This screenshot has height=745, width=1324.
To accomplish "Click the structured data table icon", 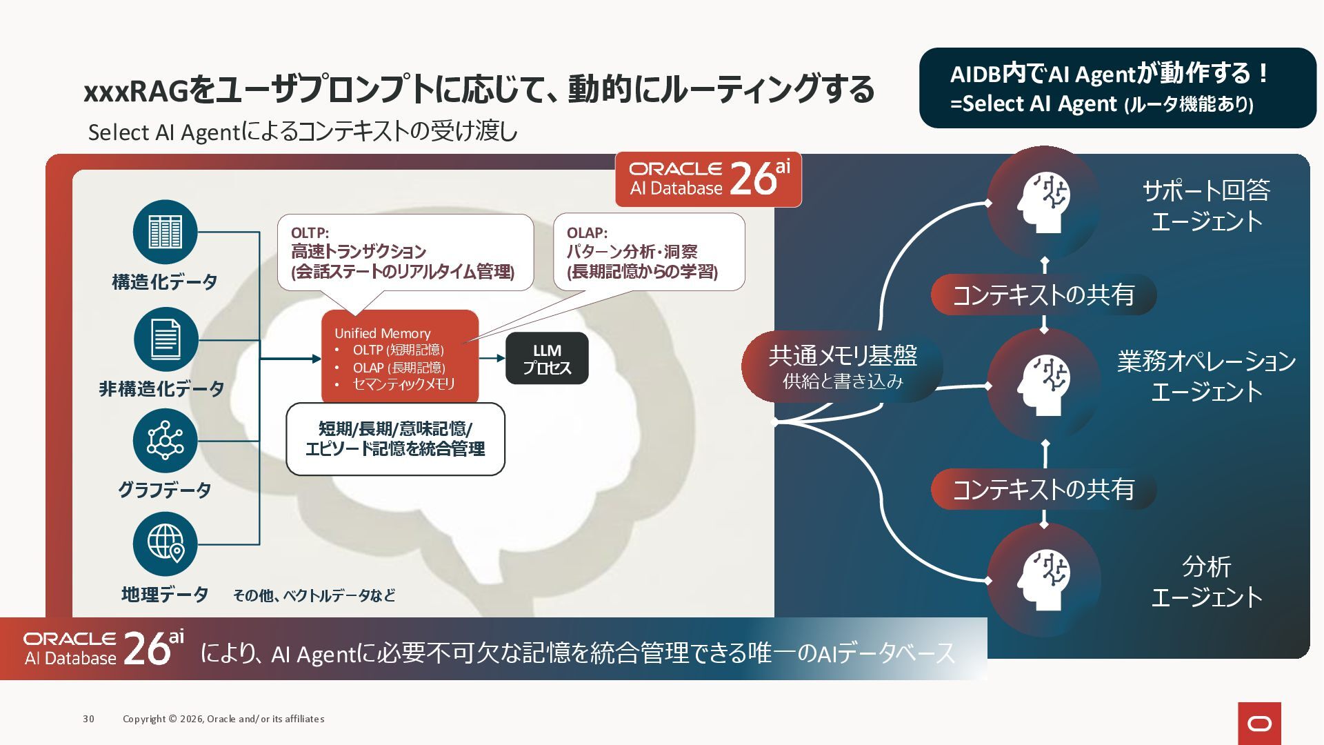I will pyautogui.click(x=165, y=232).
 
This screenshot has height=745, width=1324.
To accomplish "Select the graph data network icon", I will pyautogui.click(x=165, y=441).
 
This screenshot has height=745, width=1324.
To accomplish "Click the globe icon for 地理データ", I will pyautogui.click(x=165, y=544).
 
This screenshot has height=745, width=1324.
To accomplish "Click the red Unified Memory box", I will pyautogui.click(x=399, y=357).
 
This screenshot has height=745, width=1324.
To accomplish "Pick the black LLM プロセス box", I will pyautogui.click(x=547, y=359).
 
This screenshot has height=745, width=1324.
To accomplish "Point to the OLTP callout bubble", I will pyautogui.click(x=405, y=252).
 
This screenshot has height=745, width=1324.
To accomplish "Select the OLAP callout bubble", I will pyautogui.click(x=648, y=252).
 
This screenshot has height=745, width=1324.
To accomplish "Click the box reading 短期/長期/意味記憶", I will pyautogui.click(x=395, y=439).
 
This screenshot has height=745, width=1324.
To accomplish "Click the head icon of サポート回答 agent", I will pyautogui.click(x=1043, y=202).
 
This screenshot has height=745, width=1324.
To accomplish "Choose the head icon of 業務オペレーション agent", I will pyautogui.click(x=1043, y=384).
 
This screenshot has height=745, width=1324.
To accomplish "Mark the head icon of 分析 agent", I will pyautogui.click(x=1043, y=579).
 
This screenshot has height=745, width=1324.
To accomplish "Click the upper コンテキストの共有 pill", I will pyautogui.click(x=1043, y=295).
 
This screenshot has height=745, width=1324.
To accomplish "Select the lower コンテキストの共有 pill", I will pyautogui.click(x=1043, y=490).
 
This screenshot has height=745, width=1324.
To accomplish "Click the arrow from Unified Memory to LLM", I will pyautogui.click(x=492, y=358).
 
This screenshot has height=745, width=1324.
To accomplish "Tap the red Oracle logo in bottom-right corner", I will pyautogui.click(x=1259, y=723).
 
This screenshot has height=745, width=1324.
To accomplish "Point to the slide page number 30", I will pyautogui.click(x=88, y=719).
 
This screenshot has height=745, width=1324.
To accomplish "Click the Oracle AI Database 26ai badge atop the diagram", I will pyautogui.click(x=708, y=179).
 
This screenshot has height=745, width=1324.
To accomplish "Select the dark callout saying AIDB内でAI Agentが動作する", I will pyautogui.click(x=1117, y=88).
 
